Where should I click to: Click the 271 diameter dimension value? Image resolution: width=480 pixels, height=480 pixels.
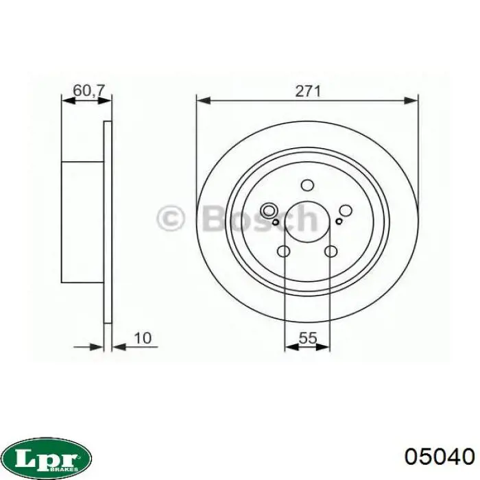(308, 91)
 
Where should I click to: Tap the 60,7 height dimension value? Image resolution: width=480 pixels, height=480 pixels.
(89, 91)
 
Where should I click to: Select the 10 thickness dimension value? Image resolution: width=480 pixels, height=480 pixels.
(143, 338)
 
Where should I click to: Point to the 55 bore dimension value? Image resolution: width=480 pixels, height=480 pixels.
(308, 338)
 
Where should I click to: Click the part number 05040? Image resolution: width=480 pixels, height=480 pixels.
(440, 457)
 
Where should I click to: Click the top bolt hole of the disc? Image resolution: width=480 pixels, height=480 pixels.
(307, 185)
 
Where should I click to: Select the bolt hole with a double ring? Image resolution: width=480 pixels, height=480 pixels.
(269, 211)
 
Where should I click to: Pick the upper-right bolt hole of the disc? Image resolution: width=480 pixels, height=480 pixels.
(346, 211)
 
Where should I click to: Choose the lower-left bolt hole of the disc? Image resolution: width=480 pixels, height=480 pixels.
(283, 252)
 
